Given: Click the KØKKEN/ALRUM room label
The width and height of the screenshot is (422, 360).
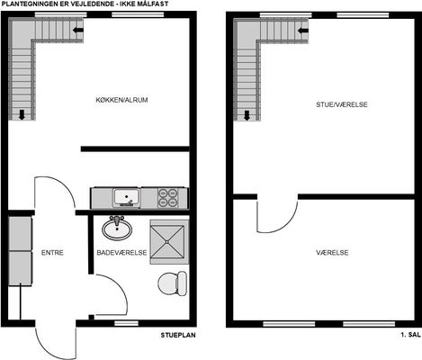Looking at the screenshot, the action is (x=121, y=100).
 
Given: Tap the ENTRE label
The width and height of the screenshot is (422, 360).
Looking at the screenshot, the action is (x=52, y=253).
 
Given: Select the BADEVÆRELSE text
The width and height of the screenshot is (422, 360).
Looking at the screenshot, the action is (x=121, y=253).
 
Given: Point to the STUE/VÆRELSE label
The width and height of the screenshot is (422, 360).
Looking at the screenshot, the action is (x=342, y=104).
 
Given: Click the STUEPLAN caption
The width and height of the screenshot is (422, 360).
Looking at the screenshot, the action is (x=178, y=335).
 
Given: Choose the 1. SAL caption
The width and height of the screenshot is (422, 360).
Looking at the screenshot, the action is (x=410, y=335).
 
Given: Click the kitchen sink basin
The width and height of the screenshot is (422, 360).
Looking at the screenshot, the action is (x=127, y=197).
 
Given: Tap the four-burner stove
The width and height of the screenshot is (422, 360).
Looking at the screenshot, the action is (x=167, y=198).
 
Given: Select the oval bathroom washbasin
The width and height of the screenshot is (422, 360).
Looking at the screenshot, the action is (x=117, y=229).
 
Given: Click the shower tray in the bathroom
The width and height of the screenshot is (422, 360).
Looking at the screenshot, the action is (x=167, y=242).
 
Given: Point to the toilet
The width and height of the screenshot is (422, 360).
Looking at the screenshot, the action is (x=173, y=283).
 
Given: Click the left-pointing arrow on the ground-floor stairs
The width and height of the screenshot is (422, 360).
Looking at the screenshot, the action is (x=78, y=30).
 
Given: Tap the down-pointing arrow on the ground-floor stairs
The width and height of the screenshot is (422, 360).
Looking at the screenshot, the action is (x=22, y=114).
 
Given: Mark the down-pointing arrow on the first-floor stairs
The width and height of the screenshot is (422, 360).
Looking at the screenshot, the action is (x=247, y=115).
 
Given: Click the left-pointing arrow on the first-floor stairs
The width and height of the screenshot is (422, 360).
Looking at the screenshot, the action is (x=303, y=31).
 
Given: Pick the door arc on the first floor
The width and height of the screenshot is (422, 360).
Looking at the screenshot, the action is (x=285, y=227).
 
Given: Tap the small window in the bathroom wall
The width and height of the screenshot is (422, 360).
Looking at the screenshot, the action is (x=126, y=323).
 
